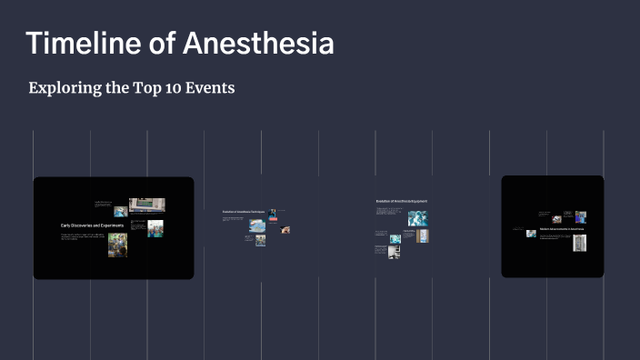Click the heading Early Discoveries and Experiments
[92, 225]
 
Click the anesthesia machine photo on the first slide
[146, 205]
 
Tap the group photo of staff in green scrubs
[155, 227]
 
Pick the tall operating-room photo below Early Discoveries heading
[117, 245]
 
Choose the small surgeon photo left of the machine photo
[120, 211]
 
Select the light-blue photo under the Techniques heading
[257, 225]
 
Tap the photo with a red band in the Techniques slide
[272, 215]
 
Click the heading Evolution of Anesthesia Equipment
[401, 200]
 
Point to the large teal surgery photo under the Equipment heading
[417, 218]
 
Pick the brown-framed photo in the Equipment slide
[423, 235]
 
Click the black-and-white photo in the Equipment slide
[394, 252]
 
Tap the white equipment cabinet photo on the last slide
[579, 243]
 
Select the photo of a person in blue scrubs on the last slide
[581, 217]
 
